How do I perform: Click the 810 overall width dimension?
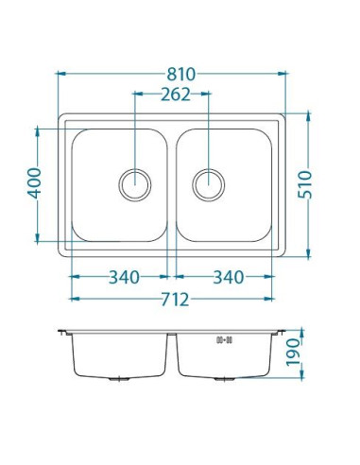[181, 75]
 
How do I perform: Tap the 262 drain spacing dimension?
[176, 95]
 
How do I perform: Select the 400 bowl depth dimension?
[34, 183]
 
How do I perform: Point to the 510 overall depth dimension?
[304, 184]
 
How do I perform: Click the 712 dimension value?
[175, 300]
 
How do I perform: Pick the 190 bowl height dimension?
[293, 353]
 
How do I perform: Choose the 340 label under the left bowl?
[124, 277]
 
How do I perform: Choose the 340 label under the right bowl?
[229, 277]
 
